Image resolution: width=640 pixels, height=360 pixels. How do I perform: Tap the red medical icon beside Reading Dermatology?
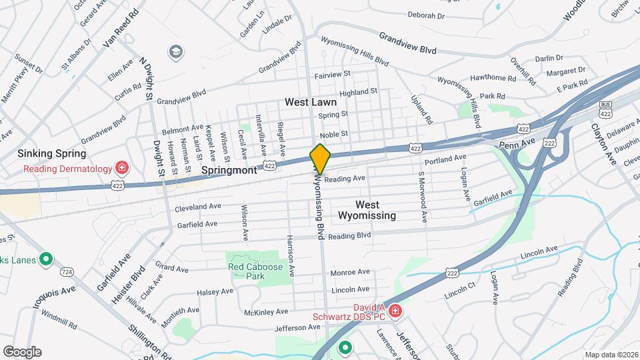pos(121,168)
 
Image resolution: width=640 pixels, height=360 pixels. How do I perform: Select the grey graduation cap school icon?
pos(176,52)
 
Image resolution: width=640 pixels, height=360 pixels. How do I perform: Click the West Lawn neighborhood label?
pos(311,103)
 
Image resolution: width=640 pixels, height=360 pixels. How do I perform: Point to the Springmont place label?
pos(229,171)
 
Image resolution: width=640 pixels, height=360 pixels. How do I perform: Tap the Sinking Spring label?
pos(53,153)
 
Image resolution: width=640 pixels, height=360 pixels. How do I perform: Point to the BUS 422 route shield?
pos(605,108)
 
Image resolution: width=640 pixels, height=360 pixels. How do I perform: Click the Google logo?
pos(22,351)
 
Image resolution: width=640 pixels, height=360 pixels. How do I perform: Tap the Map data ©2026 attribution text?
pos(611,355)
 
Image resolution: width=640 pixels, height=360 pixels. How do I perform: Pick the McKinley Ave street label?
pos(266,311)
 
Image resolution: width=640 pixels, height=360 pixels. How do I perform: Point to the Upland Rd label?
pos(421,109)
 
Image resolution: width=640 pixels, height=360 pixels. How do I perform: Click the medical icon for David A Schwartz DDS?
pos(395,311)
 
